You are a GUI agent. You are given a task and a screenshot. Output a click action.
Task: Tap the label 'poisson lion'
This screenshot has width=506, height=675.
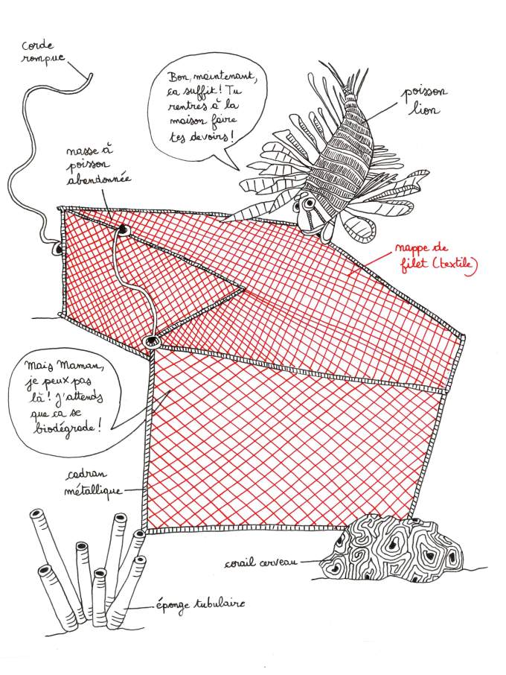click(x=423, y=101)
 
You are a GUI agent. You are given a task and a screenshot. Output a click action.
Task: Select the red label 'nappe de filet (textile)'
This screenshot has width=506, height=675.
click(x=435, y=258)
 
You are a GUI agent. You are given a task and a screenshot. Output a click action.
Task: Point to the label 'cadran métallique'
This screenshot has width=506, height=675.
click(x=93, y=483)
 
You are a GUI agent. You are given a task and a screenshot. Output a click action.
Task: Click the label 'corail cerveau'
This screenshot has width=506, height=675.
click(x=261, y=562)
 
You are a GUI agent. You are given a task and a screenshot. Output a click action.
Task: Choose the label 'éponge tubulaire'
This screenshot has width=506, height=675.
click(x=199, y=605)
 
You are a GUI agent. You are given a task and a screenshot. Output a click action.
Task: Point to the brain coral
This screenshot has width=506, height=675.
click(x=392, y=547)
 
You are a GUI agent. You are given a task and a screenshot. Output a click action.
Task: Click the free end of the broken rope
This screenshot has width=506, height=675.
click(x=91, y=75)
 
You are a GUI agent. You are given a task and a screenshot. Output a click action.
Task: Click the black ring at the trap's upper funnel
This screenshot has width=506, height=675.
click(x=124, y=229)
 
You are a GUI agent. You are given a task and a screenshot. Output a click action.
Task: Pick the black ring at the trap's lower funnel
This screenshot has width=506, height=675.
click(x=151, y=342)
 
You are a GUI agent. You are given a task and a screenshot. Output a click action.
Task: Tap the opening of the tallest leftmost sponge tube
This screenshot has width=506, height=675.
click(x=36, y=515)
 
